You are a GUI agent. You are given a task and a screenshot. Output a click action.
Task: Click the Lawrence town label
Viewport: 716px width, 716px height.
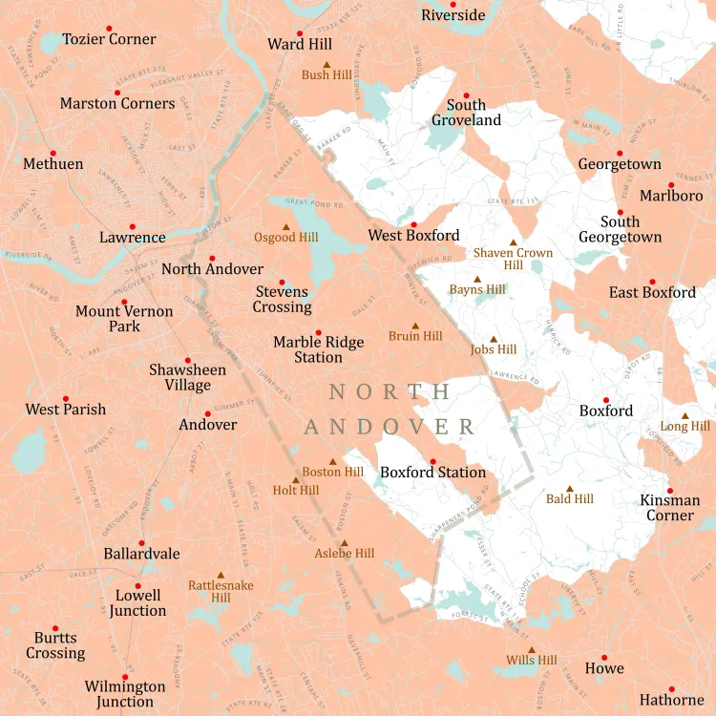point(133,238)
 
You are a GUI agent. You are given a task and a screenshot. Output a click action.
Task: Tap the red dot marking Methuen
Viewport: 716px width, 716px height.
point(53,153)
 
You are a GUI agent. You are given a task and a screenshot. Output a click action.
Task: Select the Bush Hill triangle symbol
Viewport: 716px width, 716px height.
point(326,63)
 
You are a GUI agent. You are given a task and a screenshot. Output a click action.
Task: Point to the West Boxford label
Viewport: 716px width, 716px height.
point(413,235)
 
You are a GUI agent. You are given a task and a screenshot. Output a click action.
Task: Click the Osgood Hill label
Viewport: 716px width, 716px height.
point(285,238)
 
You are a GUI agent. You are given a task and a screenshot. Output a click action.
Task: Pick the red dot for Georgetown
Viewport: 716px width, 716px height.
point(620,153)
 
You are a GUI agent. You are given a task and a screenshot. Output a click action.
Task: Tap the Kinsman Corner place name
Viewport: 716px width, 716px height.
point(669,508)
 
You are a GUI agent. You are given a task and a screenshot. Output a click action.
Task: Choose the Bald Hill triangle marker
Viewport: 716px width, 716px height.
point(570,488)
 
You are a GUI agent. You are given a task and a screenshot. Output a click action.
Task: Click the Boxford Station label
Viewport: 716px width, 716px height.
point(432,473)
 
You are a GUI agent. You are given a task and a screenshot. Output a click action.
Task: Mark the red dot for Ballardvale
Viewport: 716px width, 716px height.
point(142,543)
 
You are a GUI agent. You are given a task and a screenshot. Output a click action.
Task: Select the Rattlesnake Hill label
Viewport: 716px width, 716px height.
point(221,591)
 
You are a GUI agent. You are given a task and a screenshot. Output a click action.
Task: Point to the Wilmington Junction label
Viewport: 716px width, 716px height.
point(125,694)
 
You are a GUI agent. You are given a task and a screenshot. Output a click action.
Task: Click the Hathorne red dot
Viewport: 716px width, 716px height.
point(672,689)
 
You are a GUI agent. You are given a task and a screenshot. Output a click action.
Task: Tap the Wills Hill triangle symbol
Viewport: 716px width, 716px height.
point(532,649)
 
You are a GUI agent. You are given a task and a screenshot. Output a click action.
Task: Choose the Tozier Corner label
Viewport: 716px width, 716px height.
point(109,39)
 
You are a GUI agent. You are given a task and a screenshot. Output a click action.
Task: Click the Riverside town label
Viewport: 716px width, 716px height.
point(453,15)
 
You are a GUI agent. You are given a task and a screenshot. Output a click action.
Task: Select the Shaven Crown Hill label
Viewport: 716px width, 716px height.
point(514,259)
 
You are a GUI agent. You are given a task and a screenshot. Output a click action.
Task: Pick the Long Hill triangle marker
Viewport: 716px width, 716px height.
point(684,415)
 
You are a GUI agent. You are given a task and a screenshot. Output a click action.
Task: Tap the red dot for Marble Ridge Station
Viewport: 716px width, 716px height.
point(319,332)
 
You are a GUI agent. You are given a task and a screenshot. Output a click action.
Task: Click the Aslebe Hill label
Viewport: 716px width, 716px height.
point(345,553)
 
